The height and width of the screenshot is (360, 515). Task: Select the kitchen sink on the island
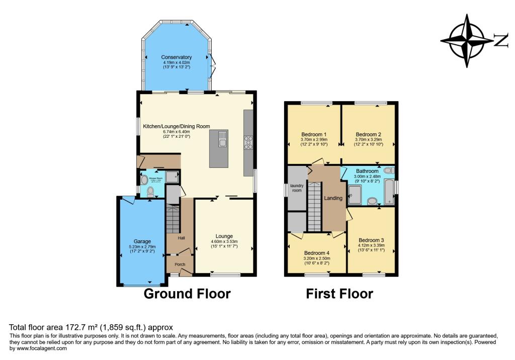pos(222,142)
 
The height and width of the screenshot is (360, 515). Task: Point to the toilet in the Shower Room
pos(150,192)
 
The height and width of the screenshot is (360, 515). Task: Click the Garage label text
pos(142,241)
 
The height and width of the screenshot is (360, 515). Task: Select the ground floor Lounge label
pos(224,236)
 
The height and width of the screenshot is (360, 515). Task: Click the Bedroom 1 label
pos(314,134)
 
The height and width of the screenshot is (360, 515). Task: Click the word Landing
pos(333,198)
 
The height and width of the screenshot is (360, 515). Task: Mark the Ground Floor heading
pos(187,294)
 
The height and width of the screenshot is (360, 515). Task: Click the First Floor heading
pos(339,294)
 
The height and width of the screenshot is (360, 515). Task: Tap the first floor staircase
pos(314,206)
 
